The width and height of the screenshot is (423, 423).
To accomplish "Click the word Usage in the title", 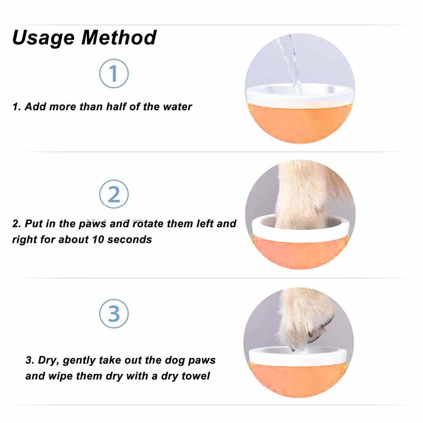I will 43,38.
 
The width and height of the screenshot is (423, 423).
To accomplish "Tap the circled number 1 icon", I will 114,73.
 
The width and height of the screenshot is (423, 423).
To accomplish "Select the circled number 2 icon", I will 114,195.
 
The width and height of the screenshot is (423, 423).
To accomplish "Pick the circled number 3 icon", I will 114,314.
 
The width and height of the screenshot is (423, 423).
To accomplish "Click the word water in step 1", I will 178,107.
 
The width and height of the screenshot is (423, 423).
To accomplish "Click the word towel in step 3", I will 196,376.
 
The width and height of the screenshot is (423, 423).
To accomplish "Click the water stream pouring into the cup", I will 292,62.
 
